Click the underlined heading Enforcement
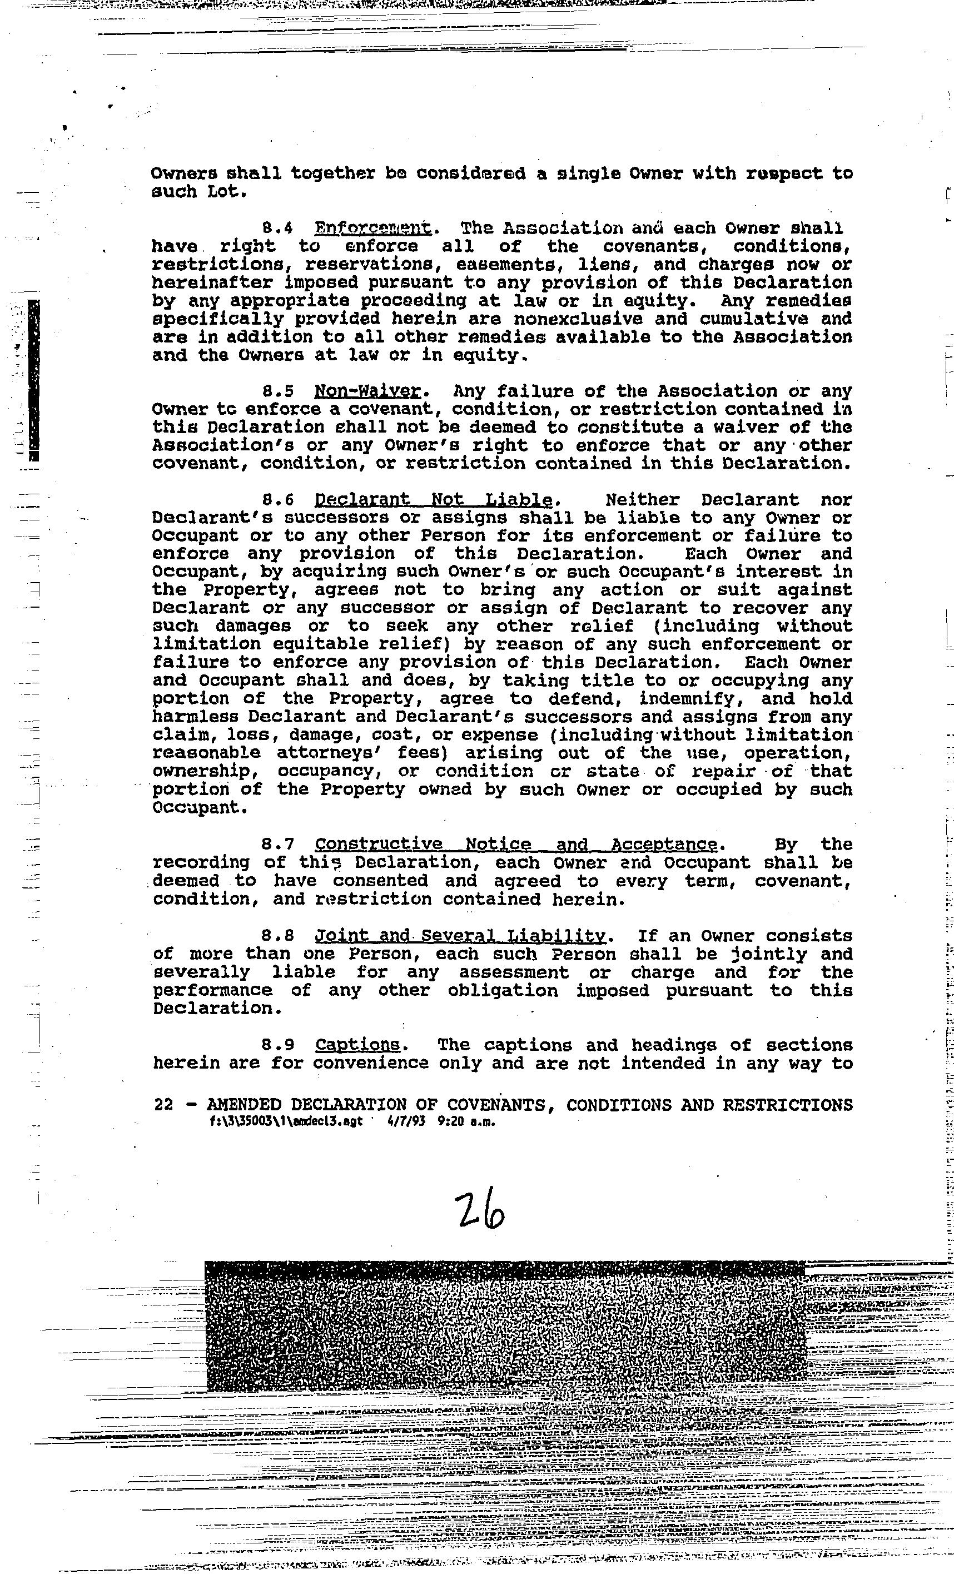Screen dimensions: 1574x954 point(373,228)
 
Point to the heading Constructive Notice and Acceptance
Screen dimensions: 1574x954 point(516,845)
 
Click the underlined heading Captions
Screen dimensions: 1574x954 point(357,1045)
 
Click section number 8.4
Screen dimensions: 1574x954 point(278,228)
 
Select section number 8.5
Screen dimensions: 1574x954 point(278,391)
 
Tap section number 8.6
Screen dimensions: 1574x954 point(278,499)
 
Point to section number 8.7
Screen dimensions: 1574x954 point(278,845)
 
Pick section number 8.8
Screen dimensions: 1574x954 point(278,936)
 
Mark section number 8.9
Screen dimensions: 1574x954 point(278,1045)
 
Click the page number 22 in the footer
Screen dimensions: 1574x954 point(163,1105)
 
